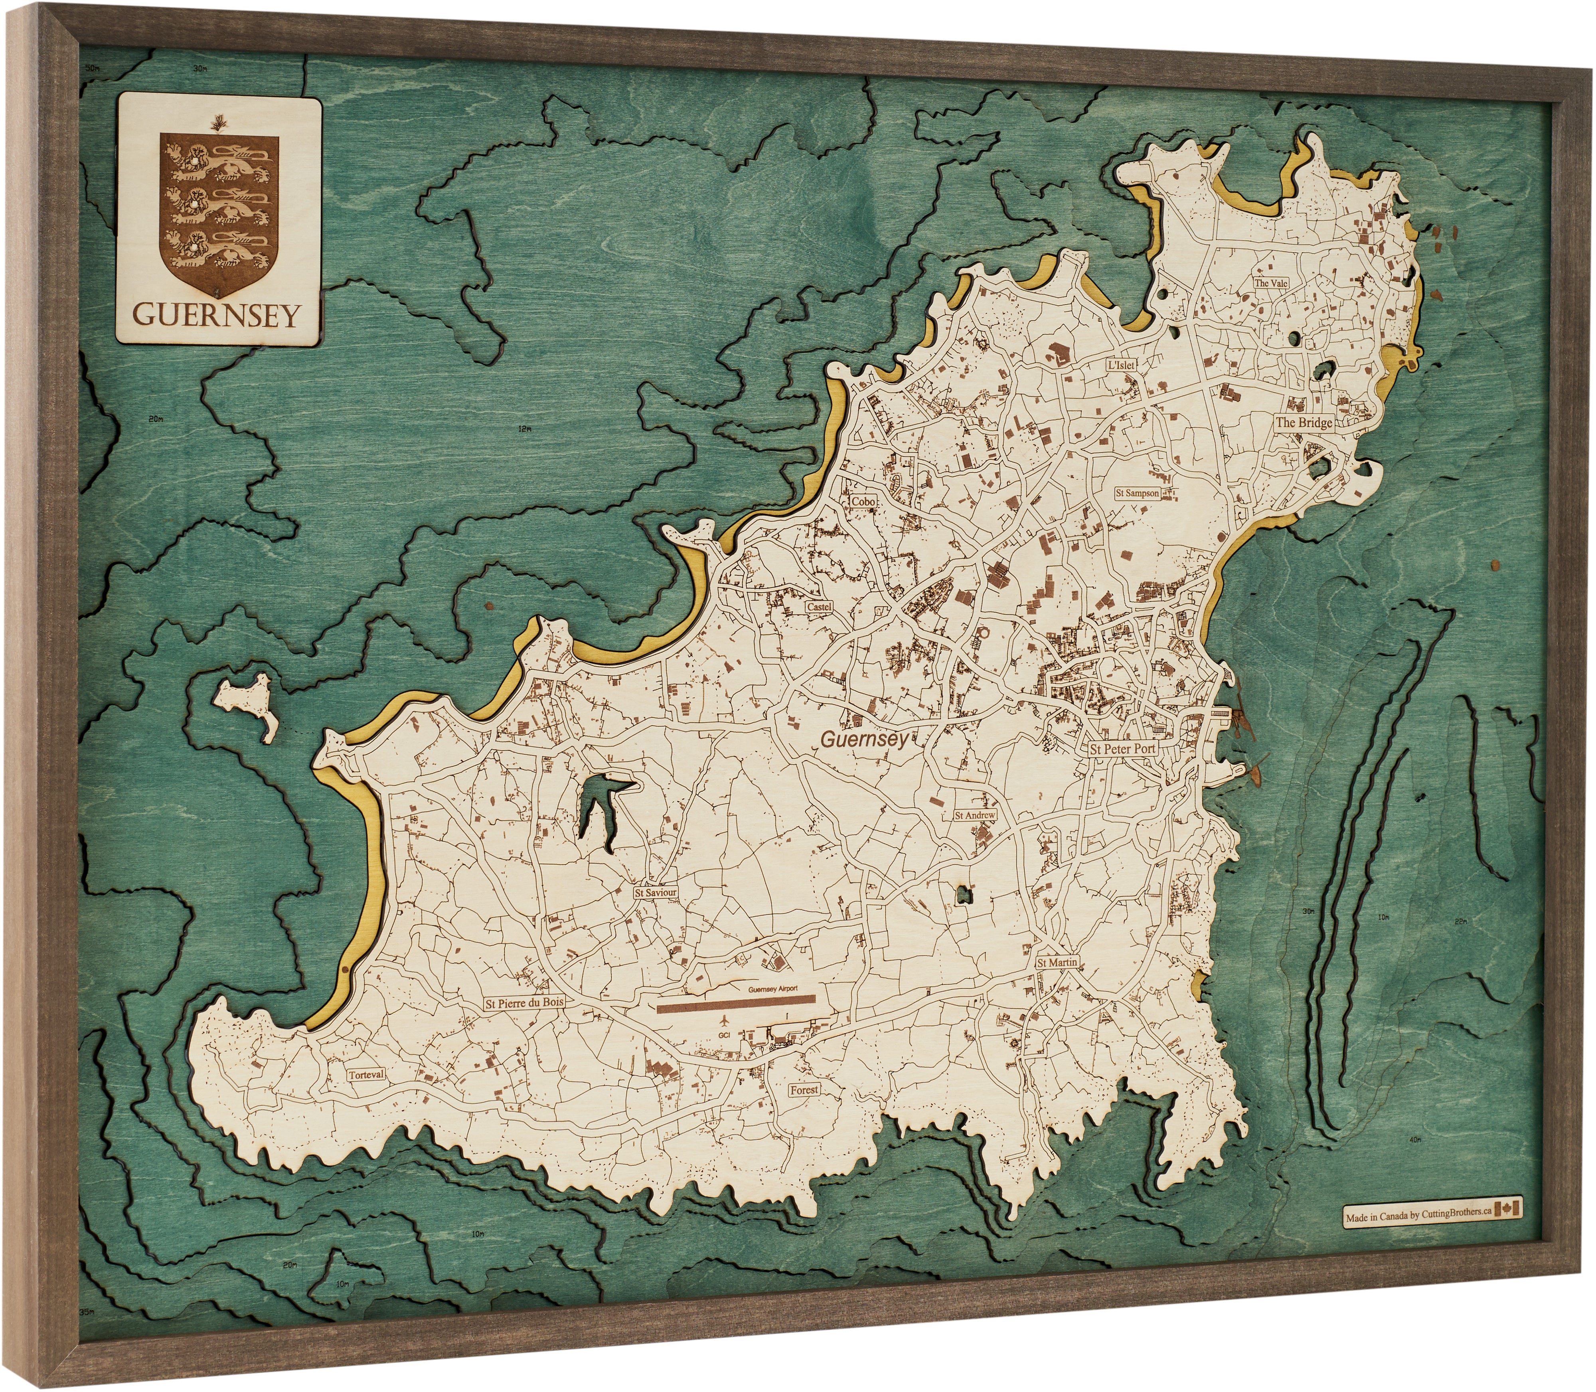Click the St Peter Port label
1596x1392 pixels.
(1122, 749)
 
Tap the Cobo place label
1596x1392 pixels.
(863, 502)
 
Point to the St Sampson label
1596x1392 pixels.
(1137, 493)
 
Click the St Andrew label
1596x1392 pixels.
(975, 816)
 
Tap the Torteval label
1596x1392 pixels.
(366, 1075)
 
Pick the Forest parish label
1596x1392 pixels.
(804, 1090)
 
